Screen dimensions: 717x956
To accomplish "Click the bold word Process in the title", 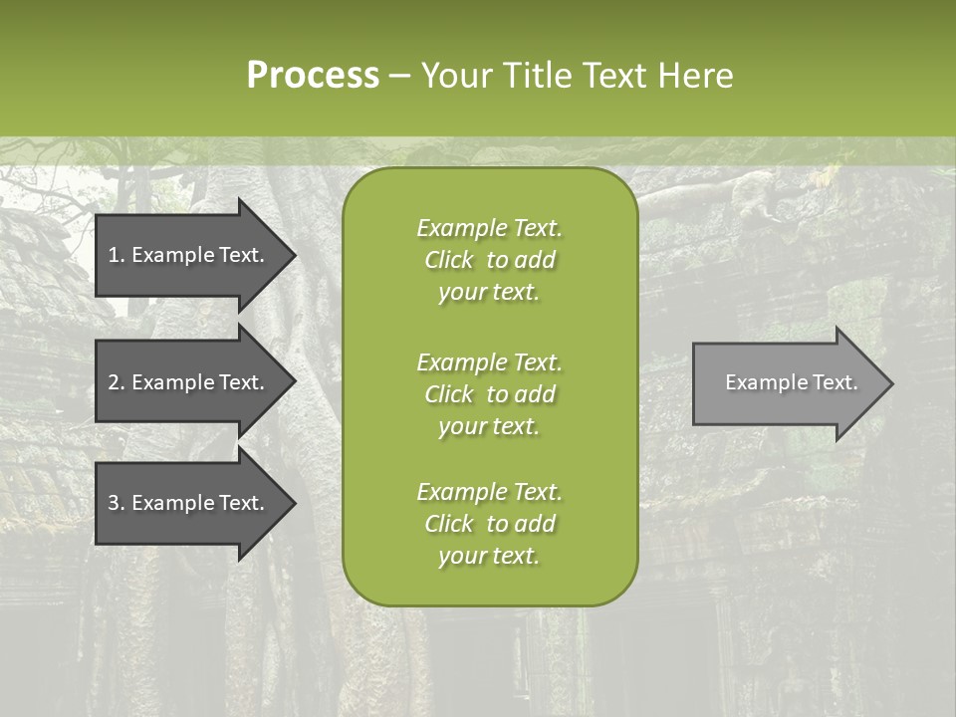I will click(313, 76).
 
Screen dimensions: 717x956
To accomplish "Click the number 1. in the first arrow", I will click(117, 255).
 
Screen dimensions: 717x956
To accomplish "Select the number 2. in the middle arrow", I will click(117, 382).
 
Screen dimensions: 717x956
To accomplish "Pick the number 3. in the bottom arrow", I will click(117, 503).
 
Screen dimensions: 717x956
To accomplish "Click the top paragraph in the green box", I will click(489, 260).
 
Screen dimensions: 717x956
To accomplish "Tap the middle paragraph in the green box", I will click(489, 394).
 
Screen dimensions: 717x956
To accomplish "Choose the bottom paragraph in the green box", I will click(489, 524).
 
